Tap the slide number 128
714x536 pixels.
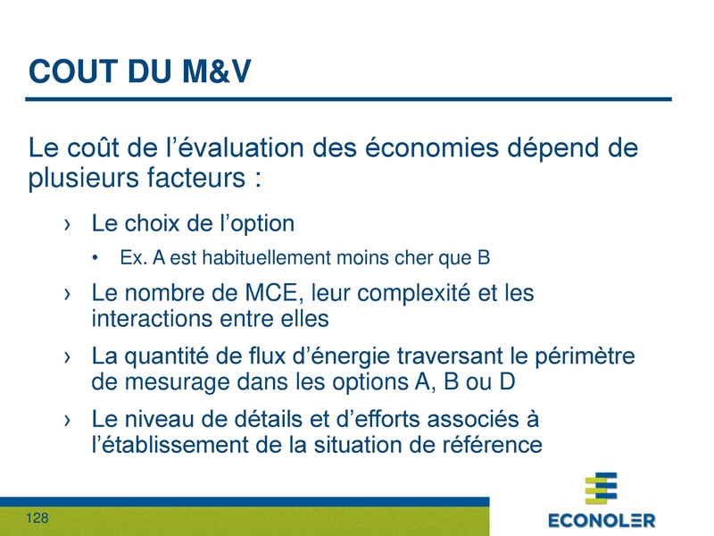pos(37,519)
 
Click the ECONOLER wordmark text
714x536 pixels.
pos(601,520)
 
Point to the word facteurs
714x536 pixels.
pos(187,176)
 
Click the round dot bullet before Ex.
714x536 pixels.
pos(96,260)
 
